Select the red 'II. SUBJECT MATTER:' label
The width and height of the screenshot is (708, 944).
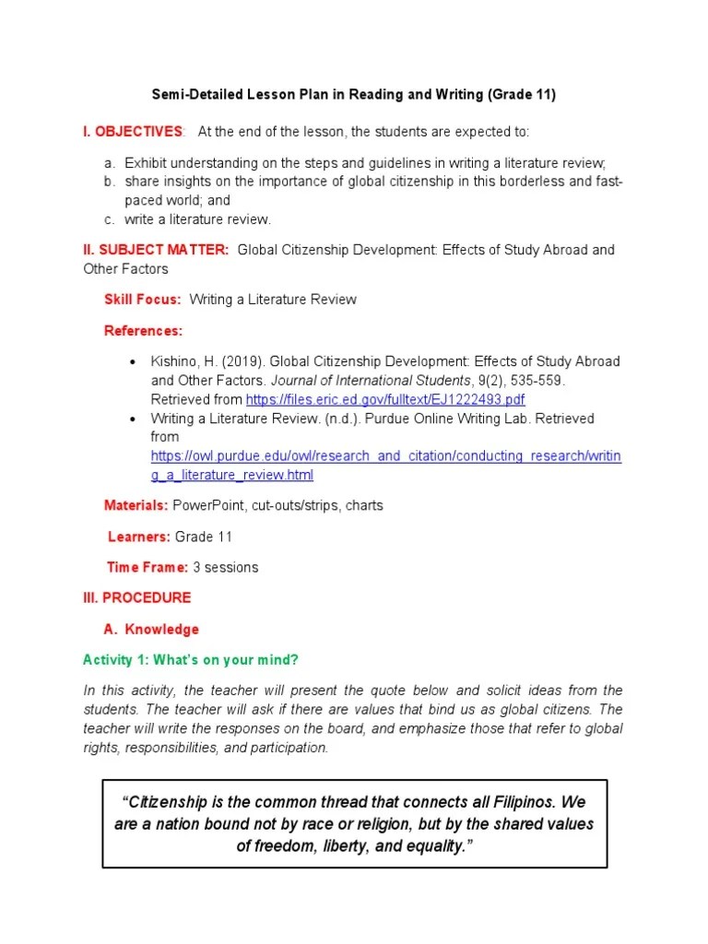[x=157, y=250]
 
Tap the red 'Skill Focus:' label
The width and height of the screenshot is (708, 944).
[x=143, y=300]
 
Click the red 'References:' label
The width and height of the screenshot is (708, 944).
[x=143, y=330]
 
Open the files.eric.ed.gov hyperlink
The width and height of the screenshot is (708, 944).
[x=385, y=399]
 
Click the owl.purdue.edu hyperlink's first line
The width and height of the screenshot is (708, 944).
[x=386, y=456]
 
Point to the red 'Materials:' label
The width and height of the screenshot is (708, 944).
[x=136, y=505]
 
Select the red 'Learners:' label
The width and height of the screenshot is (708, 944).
[x=139, y=537]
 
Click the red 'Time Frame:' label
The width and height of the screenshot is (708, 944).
[x=147, y=567]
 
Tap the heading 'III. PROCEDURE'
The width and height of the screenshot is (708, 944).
[x=137, y=597]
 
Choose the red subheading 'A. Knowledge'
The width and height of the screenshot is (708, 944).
[x=151, y=629]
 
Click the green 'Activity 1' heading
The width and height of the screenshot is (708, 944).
[x=191, y=659]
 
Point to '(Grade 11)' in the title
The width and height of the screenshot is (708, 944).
[x=522, y=95]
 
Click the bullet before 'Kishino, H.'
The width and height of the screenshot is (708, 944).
[x=133, y=361]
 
